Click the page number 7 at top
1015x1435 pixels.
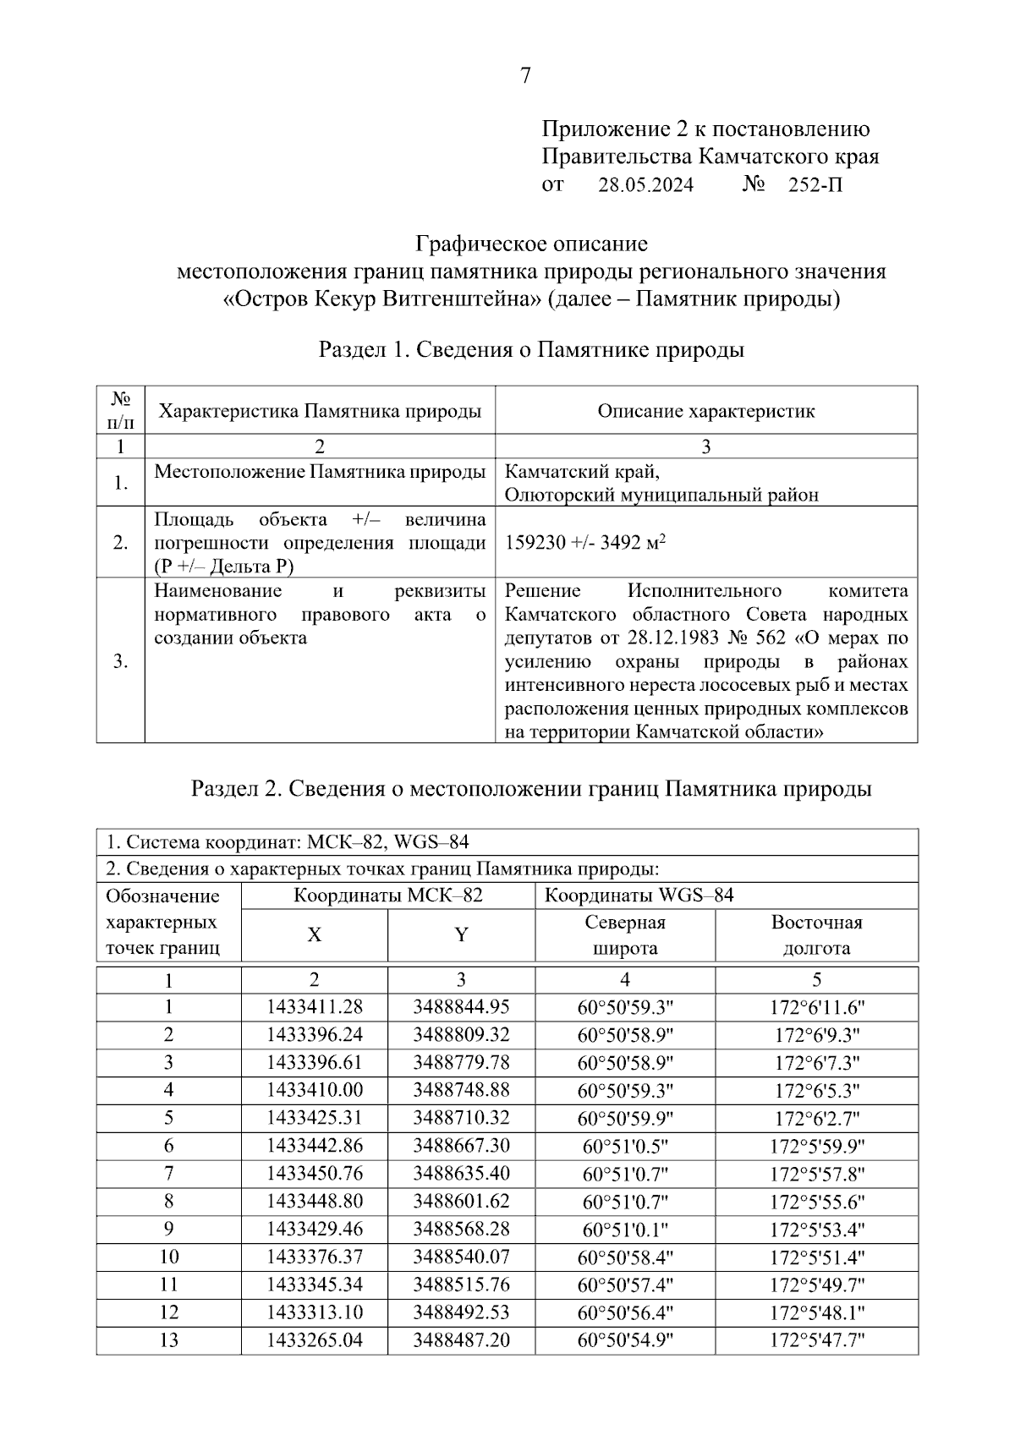click(x=525, y=76)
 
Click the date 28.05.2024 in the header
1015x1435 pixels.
click(x=645, y=184)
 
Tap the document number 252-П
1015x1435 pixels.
click(x=815, y=184)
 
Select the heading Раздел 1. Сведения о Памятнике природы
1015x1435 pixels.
click(x=530, y=349)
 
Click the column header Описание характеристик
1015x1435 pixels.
click(x=705, y=412)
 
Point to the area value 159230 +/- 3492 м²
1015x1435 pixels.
click(x=584, y=543)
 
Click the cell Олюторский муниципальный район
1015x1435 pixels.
click(x=661, y=496)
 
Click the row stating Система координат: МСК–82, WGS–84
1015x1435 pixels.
click(x=288, y=842)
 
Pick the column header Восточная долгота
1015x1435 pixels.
click(x=816, y=935)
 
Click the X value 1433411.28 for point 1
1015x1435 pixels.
click(x=314, y=1007)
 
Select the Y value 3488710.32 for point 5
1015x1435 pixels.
click(x=461, y=1118)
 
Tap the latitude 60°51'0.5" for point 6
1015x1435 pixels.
click(x=625, y=1146)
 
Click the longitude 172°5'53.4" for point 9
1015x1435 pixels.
click(x=816, y=1230)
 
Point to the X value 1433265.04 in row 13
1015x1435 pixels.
click(x=314, y=1340)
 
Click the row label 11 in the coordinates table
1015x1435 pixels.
click(x=168, y=1284)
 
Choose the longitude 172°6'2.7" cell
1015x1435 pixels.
click(x=816, y=1119)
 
